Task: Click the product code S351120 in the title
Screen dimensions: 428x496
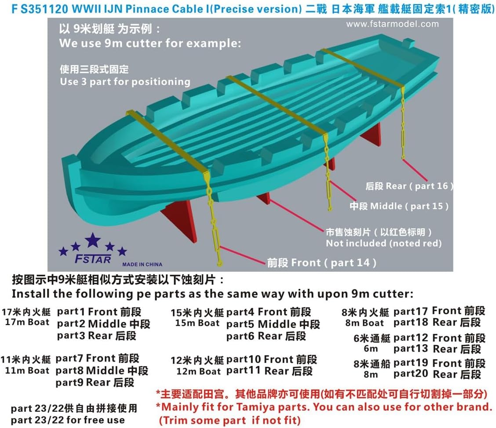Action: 35,9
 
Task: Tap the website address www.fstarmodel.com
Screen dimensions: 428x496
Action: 392,24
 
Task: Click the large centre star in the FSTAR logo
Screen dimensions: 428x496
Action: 93,240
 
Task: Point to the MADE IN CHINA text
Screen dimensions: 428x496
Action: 142,264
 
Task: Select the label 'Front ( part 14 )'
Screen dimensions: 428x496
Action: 322,263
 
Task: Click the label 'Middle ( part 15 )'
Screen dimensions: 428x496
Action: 399,206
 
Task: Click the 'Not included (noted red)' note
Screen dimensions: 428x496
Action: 383,243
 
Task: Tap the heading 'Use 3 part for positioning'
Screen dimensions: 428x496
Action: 125,82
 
